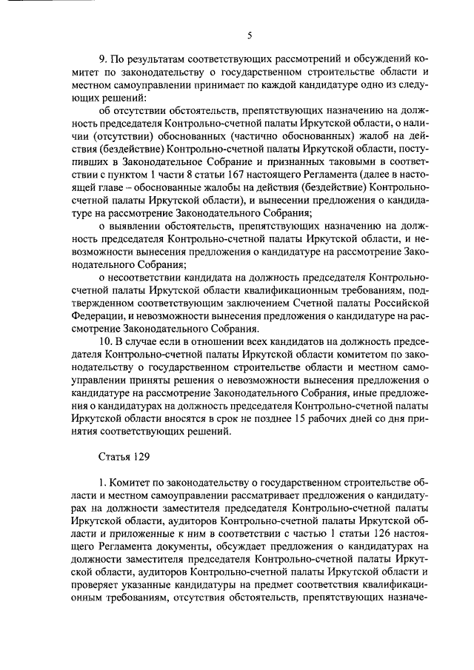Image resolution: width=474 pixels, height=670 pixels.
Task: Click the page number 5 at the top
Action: click(250, 35)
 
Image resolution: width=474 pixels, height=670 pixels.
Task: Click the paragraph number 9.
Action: click(102, 58)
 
